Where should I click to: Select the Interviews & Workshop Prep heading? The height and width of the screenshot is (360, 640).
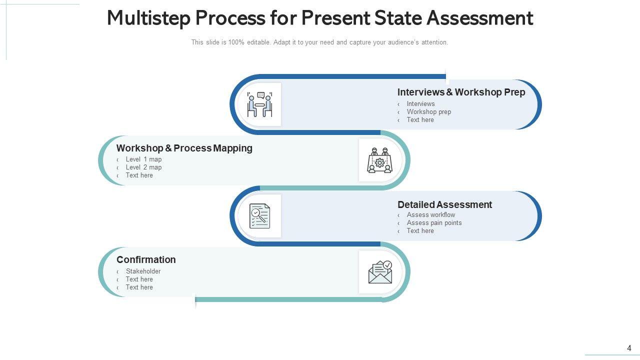461,92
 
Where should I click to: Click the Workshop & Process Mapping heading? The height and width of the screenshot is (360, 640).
184,148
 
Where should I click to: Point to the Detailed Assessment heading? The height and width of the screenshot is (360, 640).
444,204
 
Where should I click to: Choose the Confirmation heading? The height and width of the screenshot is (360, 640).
146,260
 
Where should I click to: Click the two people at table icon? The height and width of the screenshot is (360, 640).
260,104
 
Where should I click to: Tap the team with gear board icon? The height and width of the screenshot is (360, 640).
380,160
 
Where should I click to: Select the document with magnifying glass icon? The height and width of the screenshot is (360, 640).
260,216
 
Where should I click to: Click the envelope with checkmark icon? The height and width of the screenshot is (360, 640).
380,272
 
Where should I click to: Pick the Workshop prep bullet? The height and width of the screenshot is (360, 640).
428,112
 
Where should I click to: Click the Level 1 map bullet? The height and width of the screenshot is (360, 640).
143,159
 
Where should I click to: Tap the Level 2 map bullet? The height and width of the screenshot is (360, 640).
143,167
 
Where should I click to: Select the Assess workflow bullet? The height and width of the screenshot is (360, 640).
430,215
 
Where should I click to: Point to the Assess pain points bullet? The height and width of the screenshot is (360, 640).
434,223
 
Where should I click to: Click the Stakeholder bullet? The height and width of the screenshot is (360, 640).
143,271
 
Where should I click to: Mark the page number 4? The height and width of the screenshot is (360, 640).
629,348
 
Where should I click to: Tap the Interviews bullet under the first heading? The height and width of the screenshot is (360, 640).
420,104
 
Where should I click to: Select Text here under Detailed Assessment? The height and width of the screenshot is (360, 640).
420,231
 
